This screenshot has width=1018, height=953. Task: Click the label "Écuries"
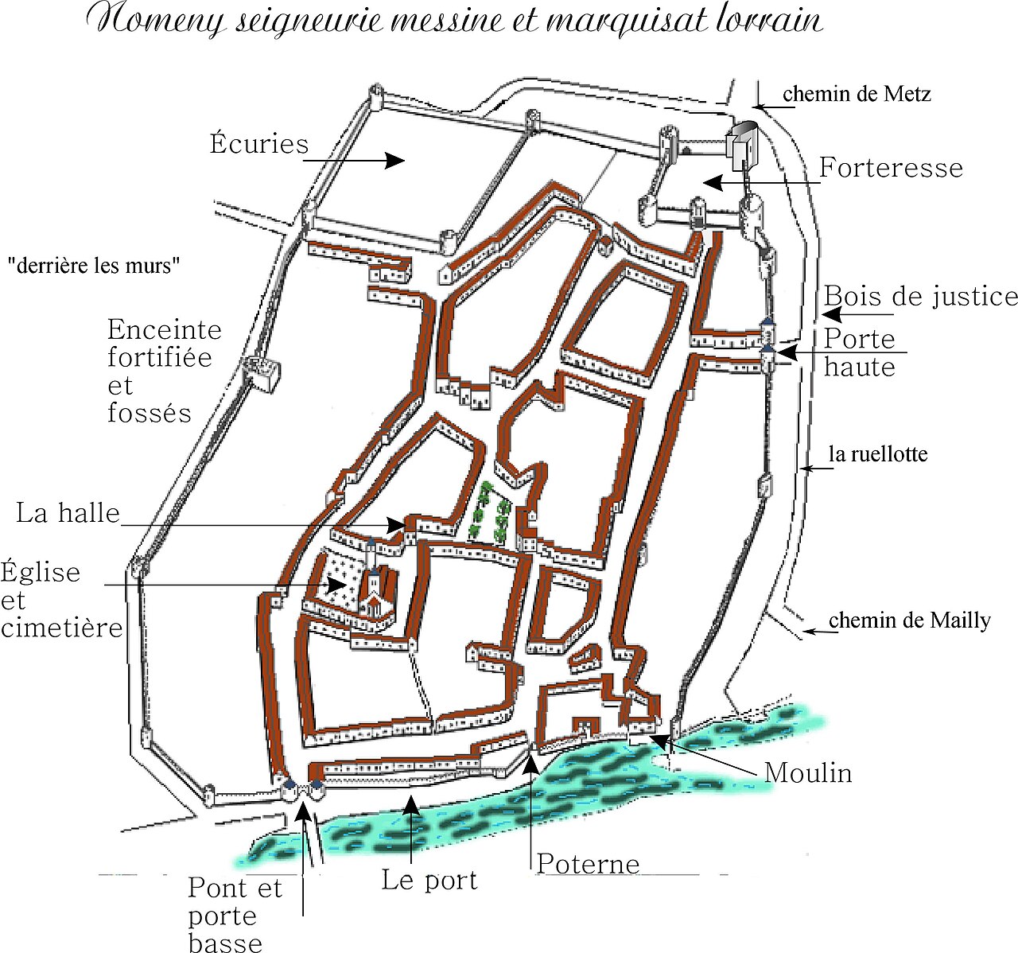point(259,144)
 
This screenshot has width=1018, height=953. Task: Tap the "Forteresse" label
point(891,168)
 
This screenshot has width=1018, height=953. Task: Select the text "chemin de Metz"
point(857,94)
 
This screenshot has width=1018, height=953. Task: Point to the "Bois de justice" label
point(920,297)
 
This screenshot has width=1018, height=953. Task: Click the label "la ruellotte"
point(878,454)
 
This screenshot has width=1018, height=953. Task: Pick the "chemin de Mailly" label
point(910,620)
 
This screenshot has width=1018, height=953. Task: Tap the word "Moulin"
point(808,772)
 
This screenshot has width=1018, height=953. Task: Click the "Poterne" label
point(588,864)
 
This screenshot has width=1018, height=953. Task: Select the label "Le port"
point(429,880)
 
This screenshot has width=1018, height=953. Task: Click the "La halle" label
point(68,513)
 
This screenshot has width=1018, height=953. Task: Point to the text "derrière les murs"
point(94,266)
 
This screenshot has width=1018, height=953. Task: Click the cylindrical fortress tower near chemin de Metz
point(745,143)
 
